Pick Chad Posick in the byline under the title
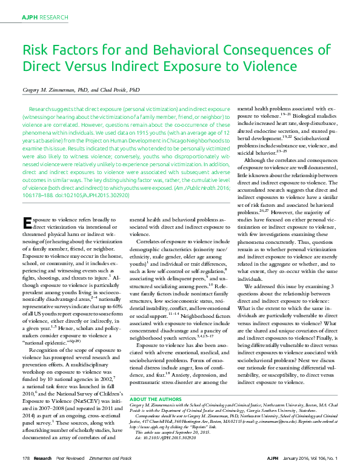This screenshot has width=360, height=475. click(x=112, y=90)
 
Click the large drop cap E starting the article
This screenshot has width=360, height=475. click(x=26, y=222)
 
